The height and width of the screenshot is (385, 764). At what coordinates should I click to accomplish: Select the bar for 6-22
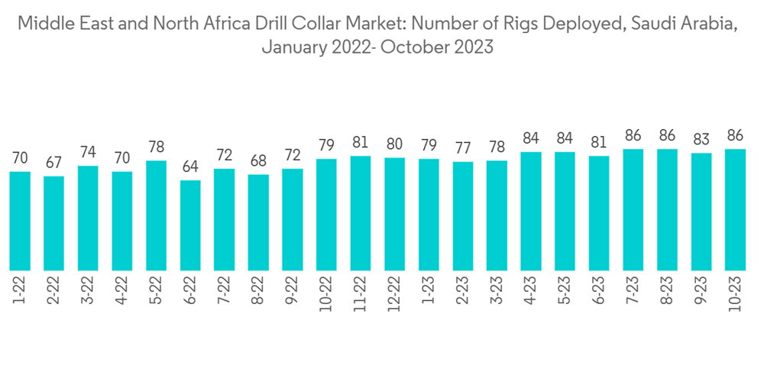pyautogui.click(x=190, y=225)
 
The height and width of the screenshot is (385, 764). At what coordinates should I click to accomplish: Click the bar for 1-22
pyautogui.click(x=21, y=221)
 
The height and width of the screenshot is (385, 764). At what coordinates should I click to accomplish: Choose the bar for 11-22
pyautogui.click(x=361, y=213)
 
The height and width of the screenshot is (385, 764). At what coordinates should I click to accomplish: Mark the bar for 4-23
pyautogui.click(x=531, y=211)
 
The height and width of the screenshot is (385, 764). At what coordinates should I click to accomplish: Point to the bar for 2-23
pyautogui.click(x=463, y=216)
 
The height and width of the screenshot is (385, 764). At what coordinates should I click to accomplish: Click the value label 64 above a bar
pyautogui.click(x=190, y=167)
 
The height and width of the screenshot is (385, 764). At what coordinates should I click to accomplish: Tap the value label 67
pyautogui.click(x=54, y=163)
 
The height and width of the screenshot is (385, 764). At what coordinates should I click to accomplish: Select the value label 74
pyautogui.click(x=89, y=153)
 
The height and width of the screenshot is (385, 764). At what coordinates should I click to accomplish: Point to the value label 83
pyautogui.click(x=701, y=141)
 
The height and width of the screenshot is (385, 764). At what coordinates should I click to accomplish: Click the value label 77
pyautogui.click(x=463, y=149)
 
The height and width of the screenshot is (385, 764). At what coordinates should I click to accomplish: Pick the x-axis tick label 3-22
pyautogui.click(x=89, y=291)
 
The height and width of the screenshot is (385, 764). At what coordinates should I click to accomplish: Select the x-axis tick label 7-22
pyautogui.click(x=225, y=291)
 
